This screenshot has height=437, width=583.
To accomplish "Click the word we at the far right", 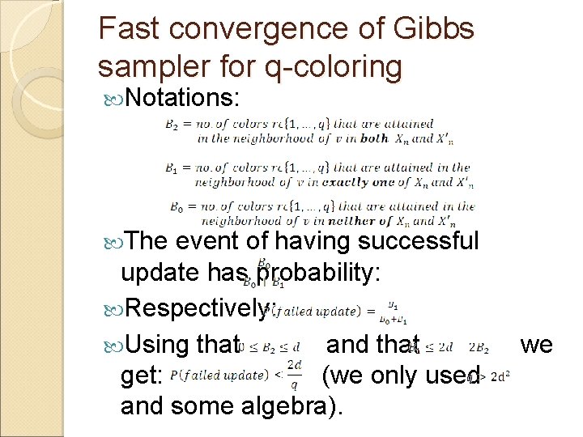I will point(536,344).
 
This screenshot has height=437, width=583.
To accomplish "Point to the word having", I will point(314,240).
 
